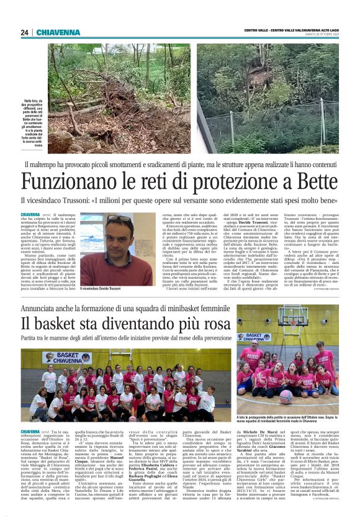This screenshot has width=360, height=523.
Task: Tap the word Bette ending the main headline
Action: pyautogui.click(x=316, y=181)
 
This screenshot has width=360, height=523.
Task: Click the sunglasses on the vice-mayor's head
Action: pyautogui.click(x=120, y=219)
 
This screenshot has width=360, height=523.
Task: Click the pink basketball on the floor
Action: pyautogui.click(x=284, y=396)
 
